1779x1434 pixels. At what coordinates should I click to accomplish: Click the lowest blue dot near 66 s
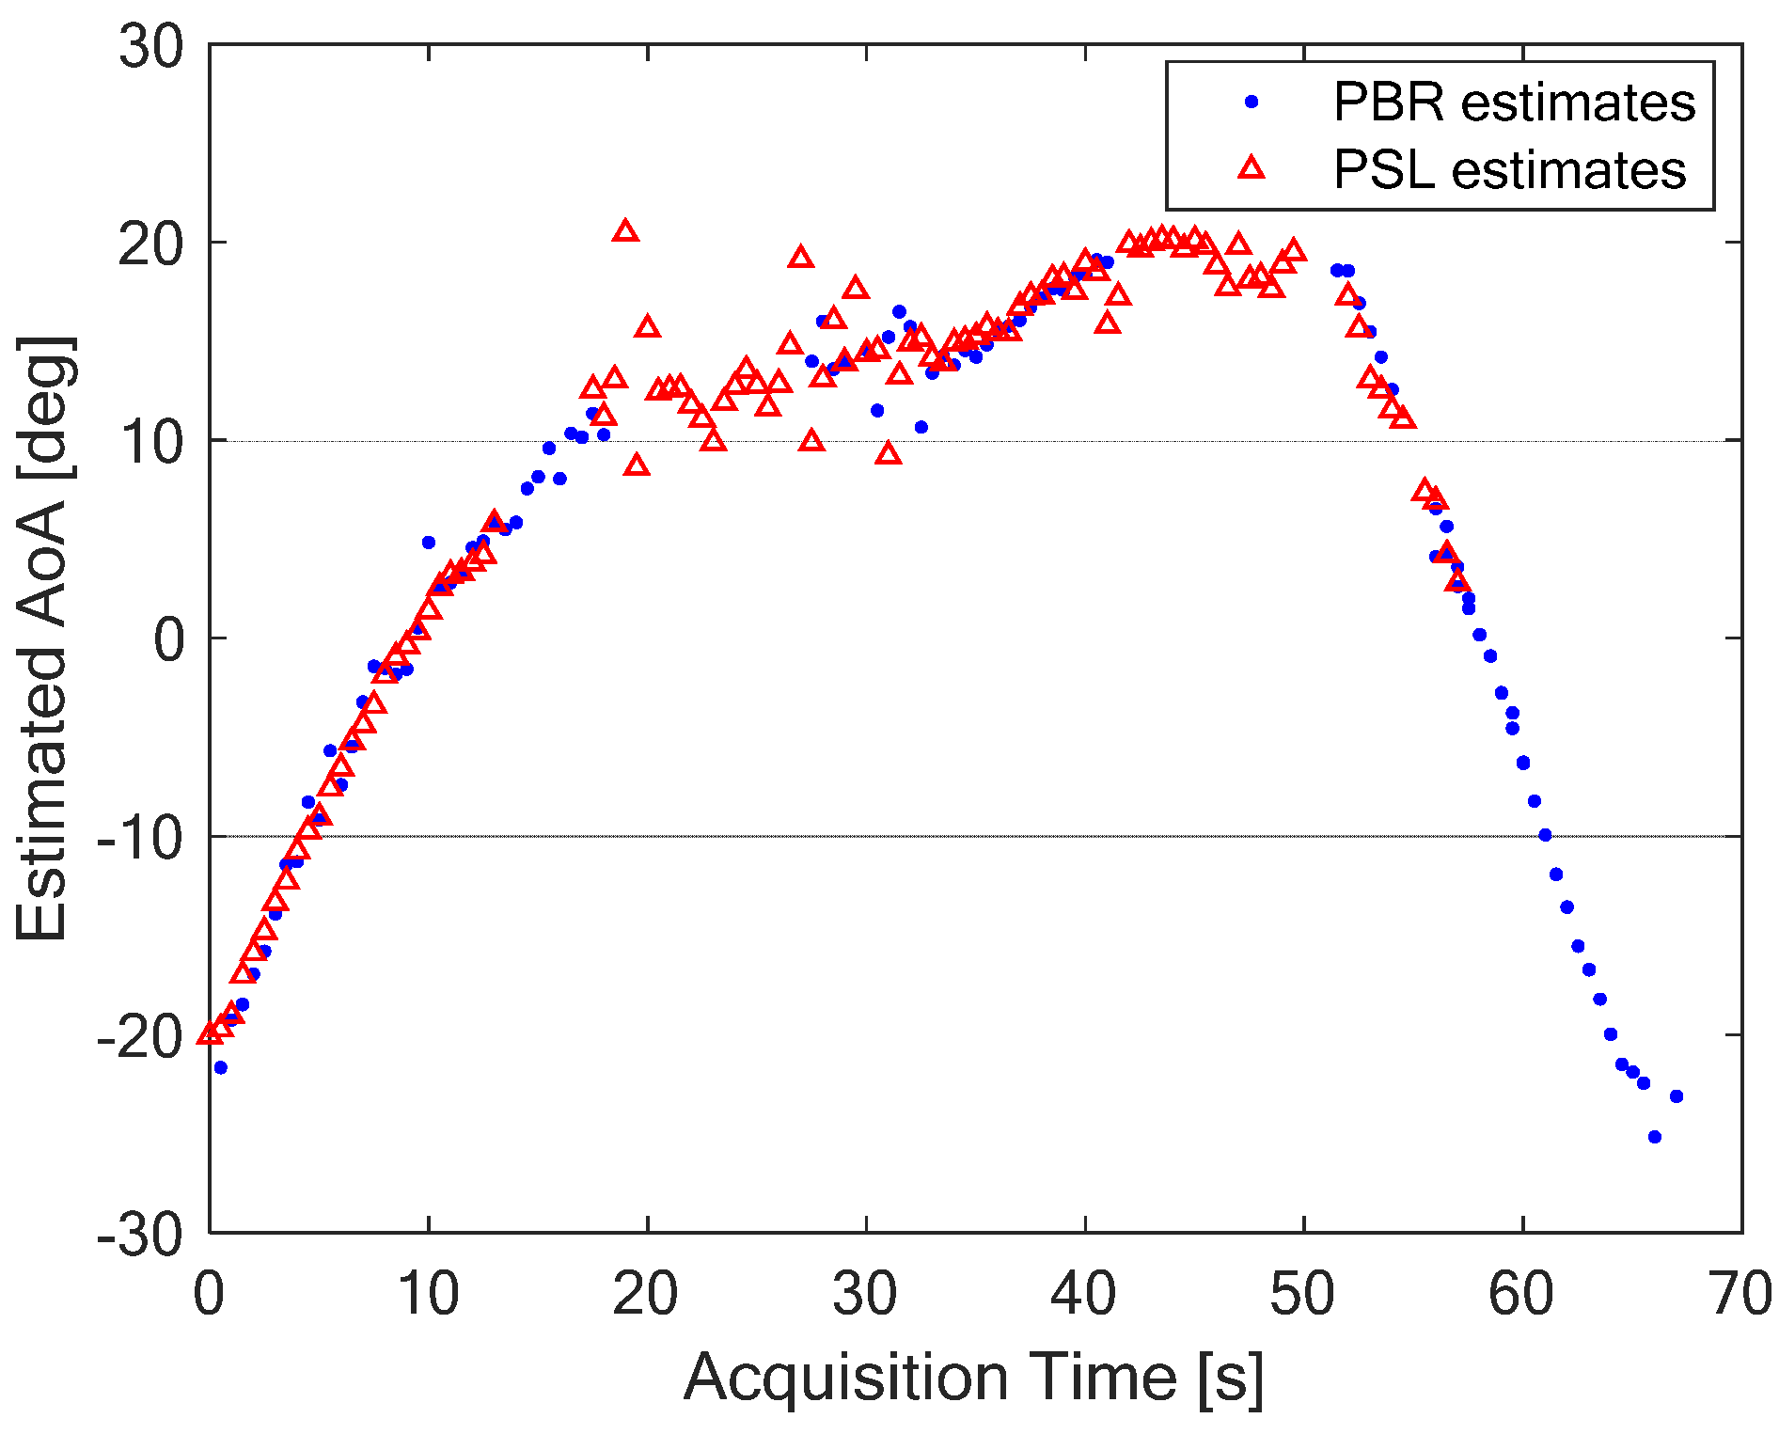tap(1654, 1137)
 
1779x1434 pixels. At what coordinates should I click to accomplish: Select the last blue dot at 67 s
tap(1676, 1096)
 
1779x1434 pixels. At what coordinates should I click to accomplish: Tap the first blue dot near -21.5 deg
tap(220, 1067)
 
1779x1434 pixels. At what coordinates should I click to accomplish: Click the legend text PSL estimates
tap(1509, 169)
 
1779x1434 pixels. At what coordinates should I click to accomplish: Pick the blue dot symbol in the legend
tap(1252, 102)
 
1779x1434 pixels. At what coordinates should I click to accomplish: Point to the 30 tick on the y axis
tap(150, 45)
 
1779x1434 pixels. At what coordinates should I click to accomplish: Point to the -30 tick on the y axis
tap(141, 1233)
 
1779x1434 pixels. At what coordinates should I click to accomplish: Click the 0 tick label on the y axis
tap(169, 639)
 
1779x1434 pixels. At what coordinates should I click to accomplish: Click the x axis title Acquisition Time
tap(973, 1377)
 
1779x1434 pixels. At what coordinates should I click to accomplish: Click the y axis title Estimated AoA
tap(42, 639)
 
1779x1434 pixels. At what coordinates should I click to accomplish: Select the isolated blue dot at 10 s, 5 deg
tap(428, 543)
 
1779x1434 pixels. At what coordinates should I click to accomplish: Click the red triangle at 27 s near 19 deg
tap(800, 258)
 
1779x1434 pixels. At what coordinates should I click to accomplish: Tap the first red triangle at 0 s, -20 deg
tap(210, 1034)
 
